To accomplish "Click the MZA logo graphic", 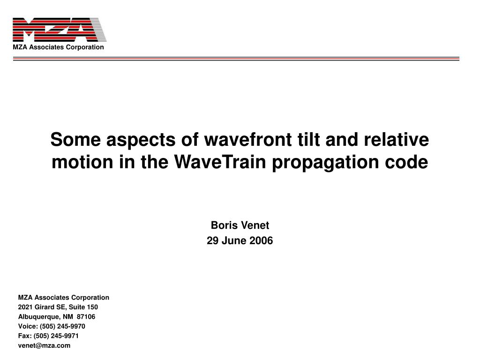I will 60,30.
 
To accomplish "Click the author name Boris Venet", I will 240,225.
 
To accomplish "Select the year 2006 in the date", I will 261,241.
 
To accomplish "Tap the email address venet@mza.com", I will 44,345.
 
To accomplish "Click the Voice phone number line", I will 52,326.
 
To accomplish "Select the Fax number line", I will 48,336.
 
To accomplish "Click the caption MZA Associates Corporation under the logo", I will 58,47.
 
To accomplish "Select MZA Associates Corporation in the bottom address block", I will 63,297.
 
